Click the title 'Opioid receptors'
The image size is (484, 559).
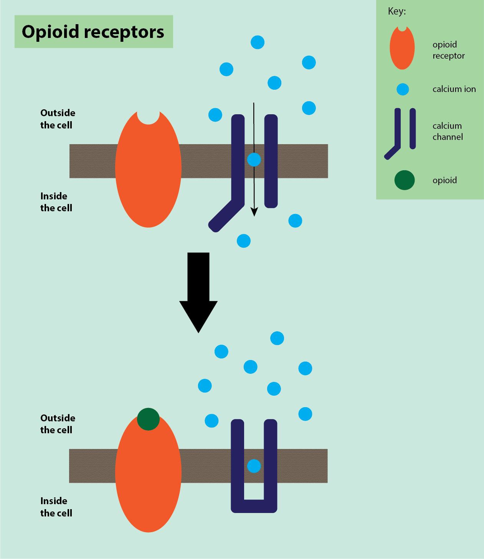tap(93, 32)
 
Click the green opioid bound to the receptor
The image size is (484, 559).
tap(148, 419)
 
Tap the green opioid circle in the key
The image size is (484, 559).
tap(405, 180)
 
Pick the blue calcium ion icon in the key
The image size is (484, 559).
tap(403, 89)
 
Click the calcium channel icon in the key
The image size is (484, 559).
tap(401, 132)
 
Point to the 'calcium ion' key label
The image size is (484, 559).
tap(454, 89)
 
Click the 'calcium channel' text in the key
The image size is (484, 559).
tap(448, 132)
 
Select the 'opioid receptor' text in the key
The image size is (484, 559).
tap(448, 50)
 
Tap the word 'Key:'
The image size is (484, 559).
tap(397, 12)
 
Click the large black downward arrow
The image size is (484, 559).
tap(198, 291)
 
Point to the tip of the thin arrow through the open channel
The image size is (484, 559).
tap(254, 215)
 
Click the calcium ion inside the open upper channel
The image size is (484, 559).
tap(254, 159)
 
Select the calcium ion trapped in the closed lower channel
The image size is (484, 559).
tap(254, 466)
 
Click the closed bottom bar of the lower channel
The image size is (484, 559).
tap(254, 506)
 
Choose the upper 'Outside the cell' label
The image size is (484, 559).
tap(58, 119)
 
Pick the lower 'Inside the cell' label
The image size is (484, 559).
tap(56, 507)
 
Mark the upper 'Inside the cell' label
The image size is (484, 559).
tap(56, 202)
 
